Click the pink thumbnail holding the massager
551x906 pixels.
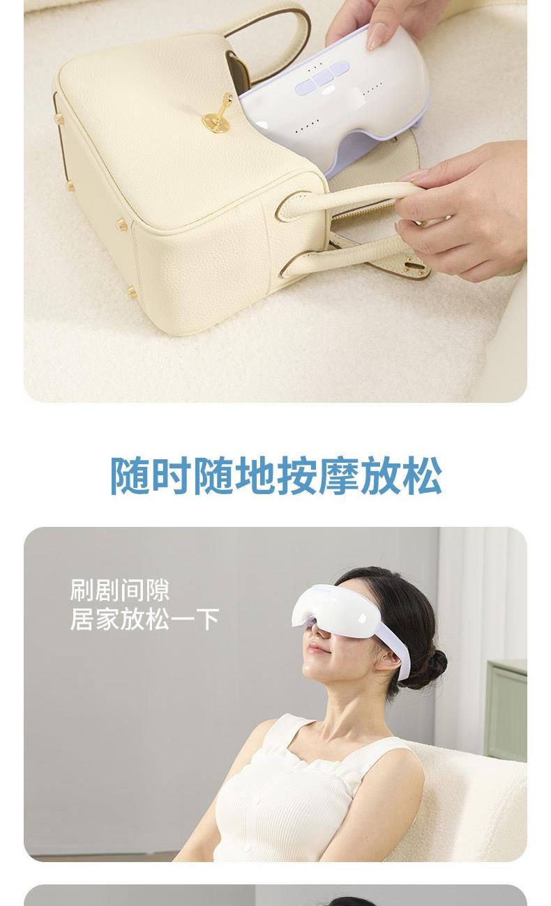(377, 36)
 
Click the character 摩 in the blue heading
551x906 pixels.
(338, 475)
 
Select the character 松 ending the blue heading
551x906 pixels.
(422, 475)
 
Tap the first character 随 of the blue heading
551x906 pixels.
(130, 475)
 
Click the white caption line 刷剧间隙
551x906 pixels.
(120, 590)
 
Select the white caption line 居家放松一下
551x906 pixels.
(144, 619)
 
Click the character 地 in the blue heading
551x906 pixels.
(255, 475)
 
